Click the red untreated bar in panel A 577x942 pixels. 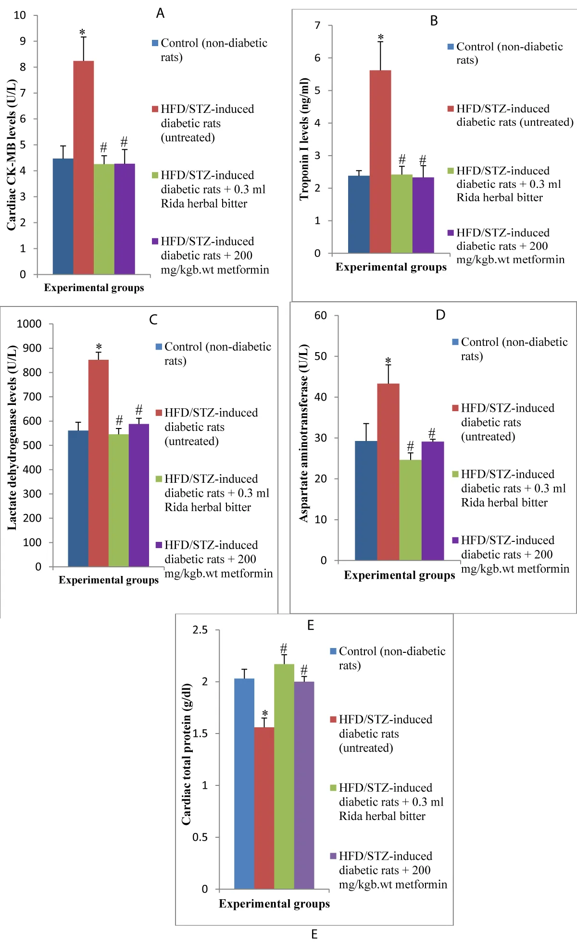(83, 168)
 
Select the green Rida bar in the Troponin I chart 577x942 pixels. (401, 214)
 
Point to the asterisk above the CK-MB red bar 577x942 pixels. (82, 33)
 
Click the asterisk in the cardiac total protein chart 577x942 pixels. (264, 714)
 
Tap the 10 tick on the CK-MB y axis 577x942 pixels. (20, 15)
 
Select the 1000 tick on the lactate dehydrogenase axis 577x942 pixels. (29, 324)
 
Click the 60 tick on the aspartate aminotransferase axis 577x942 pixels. (321, 316)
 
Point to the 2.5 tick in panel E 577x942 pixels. (200, 630)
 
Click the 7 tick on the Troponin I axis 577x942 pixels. (317, 25)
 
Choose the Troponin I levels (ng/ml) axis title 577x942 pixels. (304, 139)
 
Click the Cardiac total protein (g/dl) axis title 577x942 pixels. (187, 754)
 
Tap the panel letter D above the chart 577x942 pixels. (440, 315)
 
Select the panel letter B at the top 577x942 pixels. (434, 21)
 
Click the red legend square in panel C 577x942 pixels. (159, 413)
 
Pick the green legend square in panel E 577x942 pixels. (333, 788)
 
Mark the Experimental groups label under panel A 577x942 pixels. (94, 288)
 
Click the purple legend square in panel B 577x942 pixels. (451, 233)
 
